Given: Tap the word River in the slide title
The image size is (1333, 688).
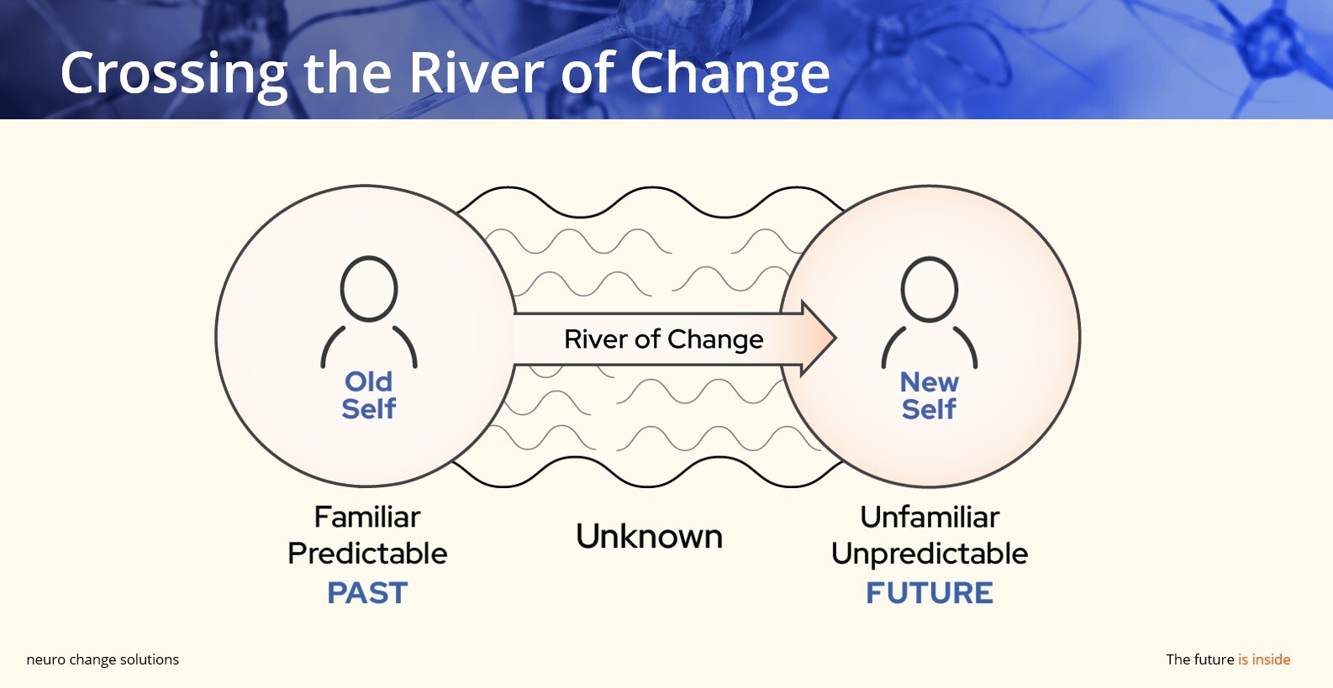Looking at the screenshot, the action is [475, 72].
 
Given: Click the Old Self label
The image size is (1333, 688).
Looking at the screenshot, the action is [368, 396].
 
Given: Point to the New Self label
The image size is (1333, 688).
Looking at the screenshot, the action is [929, 396].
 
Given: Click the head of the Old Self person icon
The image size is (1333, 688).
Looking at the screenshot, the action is [369, 289].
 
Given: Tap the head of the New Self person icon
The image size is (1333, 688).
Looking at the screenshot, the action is [929, 289].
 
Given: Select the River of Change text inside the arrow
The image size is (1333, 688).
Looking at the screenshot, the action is [663, 339].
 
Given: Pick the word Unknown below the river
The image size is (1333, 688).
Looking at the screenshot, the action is [649, 536].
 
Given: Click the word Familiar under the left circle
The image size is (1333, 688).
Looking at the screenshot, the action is [367, 517].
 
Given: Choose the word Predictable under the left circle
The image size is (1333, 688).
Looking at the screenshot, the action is [367, 554].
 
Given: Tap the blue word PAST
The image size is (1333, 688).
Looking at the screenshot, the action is [367, 593].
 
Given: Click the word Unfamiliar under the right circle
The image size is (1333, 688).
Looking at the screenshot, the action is [930, 517].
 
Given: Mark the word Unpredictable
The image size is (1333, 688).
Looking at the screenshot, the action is [930, 554].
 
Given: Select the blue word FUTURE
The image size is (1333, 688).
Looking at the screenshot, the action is [930, 593].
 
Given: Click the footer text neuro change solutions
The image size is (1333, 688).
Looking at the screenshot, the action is [103, 660].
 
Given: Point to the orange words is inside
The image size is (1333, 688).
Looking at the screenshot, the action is [1264, 659].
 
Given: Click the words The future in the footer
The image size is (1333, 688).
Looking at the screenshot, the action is [1199, 659].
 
